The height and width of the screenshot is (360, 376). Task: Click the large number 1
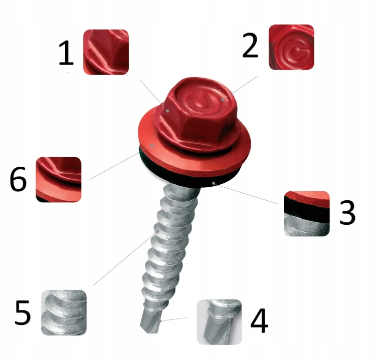pyautogui.click(x=66, y=53)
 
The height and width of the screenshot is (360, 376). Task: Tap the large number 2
pyautogui.click(x=250, y=45)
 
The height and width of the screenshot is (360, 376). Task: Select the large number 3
pyautogui.click(x=347, y=212)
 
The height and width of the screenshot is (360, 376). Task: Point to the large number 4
pyautogui.click(x=259, y=321)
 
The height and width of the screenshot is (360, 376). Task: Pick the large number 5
pyautogui.click(x=23, y=312)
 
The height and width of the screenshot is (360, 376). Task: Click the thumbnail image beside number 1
pyautogui.click(x=106, y=52)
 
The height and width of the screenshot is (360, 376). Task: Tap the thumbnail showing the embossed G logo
pyautogui.click(x=291, y=47)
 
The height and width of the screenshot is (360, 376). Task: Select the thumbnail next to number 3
pyautogui.click(x=307, y=214)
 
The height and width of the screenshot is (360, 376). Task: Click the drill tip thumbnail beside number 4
pyautogui.click(x=220, y=322)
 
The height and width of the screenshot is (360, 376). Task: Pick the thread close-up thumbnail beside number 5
pyautogui.click(x=64, y=312)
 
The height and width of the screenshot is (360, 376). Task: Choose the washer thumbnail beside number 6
pyautogui.click(x=59, y=180)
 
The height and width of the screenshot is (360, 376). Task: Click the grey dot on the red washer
pyautogui.click(x=152, y=145)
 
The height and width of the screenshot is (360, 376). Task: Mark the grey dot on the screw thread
pyautogui.click(x=157, y=231)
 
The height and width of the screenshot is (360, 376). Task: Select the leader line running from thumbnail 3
pyautogui.click(x=245, y=194)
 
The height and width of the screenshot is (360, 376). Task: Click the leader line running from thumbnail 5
pyautogui.click(x=125, y=259)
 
